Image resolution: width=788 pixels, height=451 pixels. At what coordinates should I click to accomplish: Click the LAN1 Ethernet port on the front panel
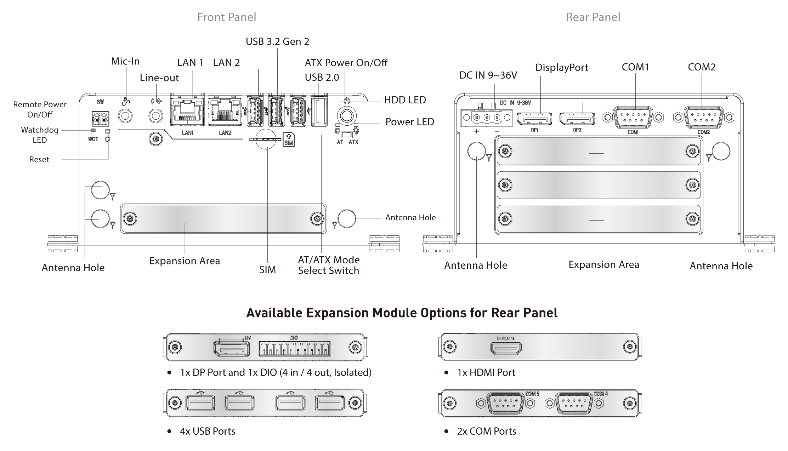point(187,110)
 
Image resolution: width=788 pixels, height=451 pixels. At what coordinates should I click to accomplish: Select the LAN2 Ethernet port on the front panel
point(225,110)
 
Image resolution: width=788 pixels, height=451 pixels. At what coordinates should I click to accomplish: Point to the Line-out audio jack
point(155,116)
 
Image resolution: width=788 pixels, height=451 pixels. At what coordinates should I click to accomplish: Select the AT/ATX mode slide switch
point(346,135)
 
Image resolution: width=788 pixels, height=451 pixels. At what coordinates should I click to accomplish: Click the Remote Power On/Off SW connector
point(100,119)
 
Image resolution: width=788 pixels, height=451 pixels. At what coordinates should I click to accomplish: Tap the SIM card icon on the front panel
point(289,139)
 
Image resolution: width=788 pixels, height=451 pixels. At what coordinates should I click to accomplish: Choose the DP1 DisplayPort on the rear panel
point(534,119)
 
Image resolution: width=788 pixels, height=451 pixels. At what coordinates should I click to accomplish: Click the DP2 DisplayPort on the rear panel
point(577,119)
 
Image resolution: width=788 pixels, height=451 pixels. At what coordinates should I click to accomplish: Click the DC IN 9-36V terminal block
point(487,117)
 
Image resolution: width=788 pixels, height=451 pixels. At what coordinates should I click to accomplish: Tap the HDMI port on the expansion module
point(506,349)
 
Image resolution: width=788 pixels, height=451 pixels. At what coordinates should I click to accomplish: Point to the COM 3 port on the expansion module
point(506,403)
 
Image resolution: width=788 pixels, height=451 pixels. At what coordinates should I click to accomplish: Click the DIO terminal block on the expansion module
point(295,348)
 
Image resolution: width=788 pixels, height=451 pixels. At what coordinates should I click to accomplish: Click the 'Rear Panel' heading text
point(593,17)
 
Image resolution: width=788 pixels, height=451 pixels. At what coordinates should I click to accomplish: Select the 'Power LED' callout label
point(410,122)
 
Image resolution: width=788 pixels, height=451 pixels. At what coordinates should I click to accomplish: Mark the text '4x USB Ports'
point(208,431)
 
